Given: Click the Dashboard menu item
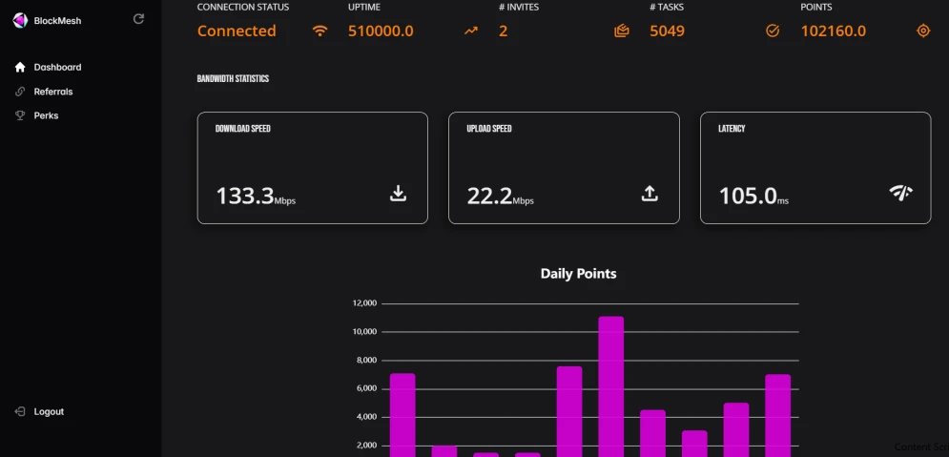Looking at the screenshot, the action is pyautogui.click(x=48, y=67).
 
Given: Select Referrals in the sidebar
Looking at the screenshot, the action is pyautogui.click(x=44, y=92).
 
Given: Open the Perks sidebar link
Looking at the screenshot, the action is pyautogui.click(x=36, y=115).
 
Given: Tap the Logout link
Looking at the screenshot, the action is pyautogui.click(x=39, y=411).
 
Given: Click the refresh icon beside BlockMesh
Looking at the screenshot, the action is pyautogui.click(x=138, y=19).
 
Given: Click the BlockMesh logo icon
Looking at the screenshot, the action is pyautogui.click(x=20, y=21).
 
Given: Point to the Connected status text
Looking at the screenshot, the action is pyautogui.click(x=237, y=31).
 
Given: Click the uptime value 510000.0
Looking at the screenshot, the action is pyautogui.click(x=381, y=31).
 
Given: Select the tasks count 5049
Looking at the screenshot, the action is pyautogui.click(x=667, y=31).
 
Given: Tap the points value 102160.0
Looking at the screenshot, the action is pyautogui.click(x=834, y=31).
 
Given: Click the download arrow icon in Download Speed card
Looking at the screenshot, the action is pyautogui.click(x=398, y=194).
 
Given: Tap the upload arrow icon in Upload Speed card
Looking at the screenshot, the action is pyautogui.click(x=650, y=194).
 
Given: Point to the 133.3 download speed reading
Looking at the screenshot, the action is pyautogui.click(x=245, y=197).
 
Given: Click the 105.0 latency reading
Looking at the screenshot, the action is pyautogui.click(x=748, y=197).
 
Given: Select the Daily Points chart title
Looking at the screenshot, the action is pyautogui.click(x=579, y=274).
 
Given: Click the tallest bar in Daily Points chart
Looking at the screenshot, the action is pyautogui.click(x=610, y=386).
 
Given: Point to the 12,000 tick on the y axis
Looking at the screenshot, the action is pyautogui.click(x=364, y=303).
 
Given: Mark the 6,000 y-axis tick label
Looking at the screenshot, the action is pyautogui.click(x=366, y=388).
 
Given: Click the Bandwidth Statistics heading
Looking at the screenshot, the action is pyautogui.click(x=233, y=78).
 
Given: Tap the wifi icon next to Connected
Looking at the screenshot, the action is pyautogui.click(x=320, y=31).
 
